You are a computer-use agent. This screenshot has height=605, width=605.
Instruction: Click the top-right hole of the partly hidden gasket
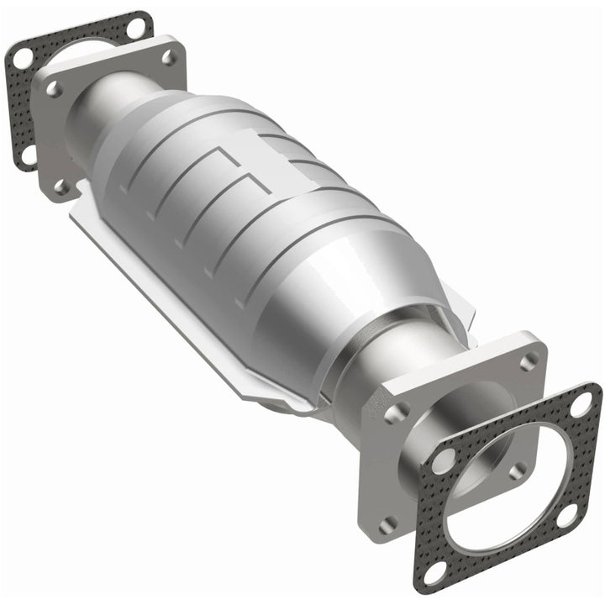click(135, 30)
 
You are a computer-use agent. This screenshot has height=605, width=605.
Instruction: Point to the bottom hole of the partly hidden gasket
click(28, 154)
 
